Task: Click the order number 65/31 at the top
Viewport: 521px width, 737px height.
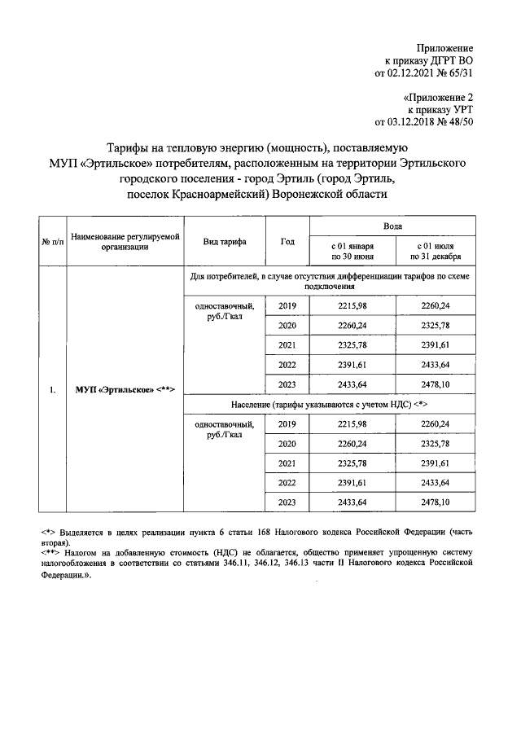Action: click(x=457, y=72)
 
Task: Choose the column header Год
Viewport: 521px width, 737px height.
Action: click(x=287, y=242)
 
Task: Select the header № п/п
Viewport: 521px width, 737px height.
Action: click(x=50, y=242)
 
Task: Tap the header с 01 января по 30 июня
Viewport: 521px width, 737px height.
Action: click(x=352, y=251)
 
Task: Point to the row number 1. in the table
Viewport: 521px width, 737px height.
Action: click(x=50, y=389)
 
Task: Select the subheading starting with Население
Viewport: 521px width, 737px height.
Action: click(x=327, y=405)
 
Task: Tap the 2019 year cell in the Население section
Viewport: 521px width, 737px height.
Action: click(x=287, y=424)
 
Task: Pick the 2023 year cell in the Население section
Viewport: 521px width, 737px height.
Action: click(x=287, y=503)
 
